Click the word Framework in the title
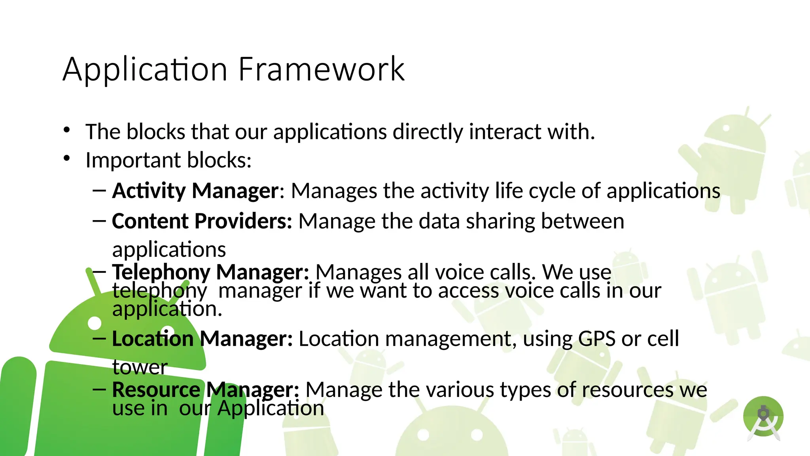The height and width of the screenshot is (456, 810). pyautogui.click(x=321, y=70)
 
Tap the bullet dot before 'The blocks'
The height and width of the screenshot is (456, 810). pyautogui.click(x=66, y=130)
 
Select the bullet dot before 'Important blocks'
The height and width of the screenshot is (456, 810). pyautogui.click(x=66, y=158)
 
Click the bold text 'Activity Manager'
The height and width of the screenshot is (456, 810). pyautogui.click(x=195, y=191)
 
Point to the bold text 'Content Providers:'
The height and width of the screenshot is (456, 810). pyautogui.click(x=202, y=221)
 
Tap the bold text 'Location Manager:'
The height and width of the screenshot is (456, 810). pyautogui.click(x=202, y=339)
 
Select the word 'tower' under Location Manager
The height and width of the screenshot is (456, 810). pyautogui.click(x=140, y=367)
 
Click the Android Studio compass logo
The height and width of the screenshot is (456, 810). pyautogui.click(x=763, y=418)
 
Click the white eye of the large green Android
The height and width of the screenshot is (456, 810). pyautogui.click(x=95, y=323)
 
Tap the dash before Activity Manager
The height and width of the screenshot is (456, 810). pyautogui.click(x=99, y=191)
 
